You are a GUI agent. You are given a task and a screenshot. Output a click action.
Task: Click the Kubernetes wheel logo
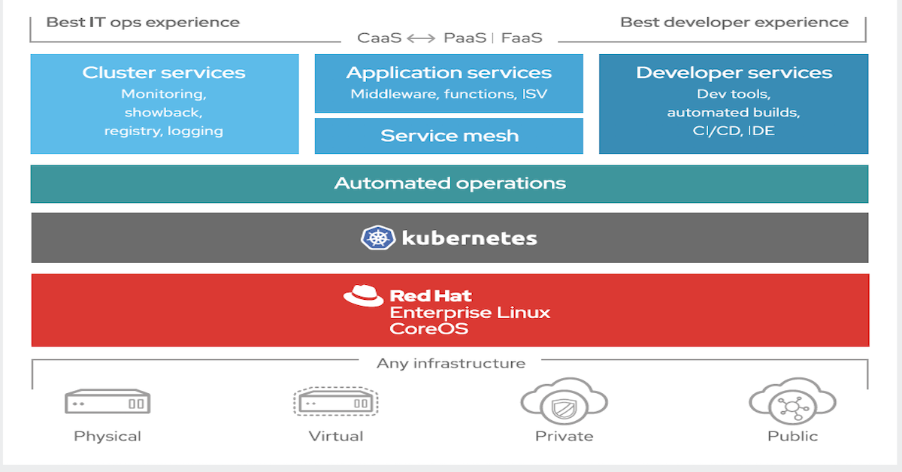[377, 238]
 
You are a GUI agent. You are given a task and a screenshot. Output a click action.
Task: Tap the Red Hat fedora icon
[363, 296]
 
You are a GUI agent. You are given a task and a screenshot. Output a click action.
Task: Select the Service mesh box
[449, 136]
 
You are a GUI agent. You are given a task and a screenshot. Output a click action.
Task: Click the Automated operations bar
[449, 183]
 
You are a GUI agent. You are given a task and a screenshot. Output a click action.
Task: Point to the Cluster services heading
[164, 73]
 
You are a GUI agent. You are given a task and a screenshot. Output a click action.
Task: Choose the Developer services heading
[734, 73]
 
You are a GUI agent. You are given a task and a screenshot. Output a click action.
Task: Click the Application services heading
[449, 73]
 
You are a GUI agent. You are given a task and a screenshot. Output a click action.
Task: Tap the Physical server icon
[107, 402]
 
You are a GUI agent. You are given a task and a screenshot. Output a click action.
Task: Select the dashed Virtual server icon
[335, 402]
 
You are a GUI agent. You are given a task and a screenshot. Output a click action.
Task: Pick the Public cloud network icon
[792, 406]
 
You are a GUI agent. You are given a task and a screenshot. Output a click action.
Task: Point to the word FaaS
[522, 38]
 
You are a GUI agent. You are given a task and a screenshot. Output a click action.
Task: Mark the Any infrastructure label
[451, 364]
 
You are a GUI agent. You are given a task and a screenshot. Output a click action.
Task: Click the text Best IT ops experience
[143, 22]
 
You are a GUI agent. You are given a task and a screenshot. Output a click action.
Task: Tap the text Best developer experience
[734, 22]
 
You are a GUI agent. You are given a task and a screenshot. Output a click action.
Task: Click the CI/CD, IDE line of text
[734, 131]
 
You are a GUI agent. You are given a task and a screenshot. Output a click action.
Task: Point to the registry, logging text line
[164, 131]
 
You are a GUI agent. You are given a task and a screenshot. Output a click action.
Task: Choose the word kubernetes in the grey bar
[469, 239]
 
